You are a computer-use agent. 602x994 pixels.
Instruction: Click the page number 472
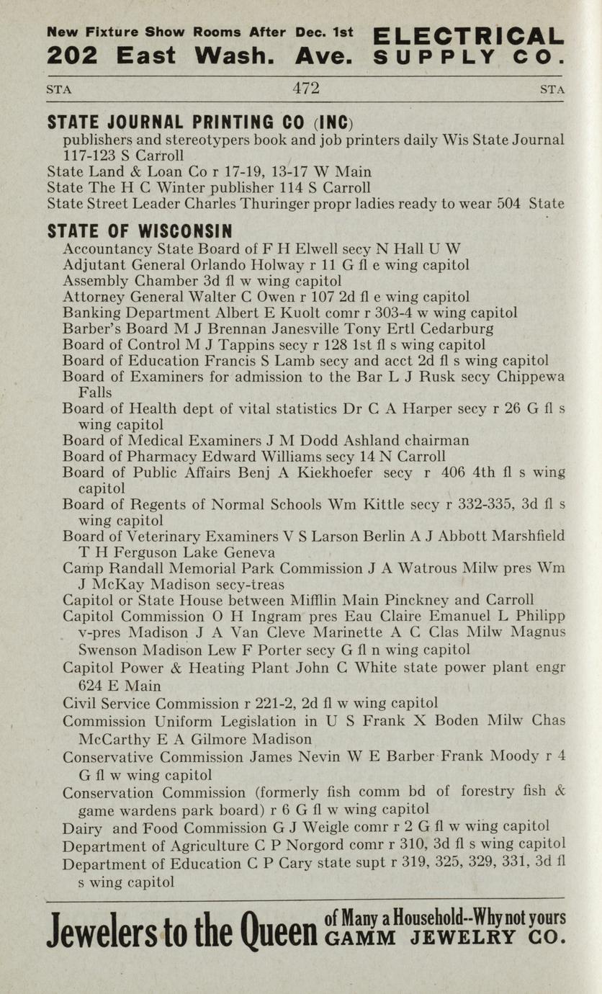pos(306,89)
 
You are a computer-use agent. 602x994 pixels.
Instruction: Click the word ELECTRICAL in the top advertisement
pos(469,35)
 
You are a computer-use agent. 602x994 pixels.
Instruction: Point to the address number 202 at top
pos(71,55)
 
